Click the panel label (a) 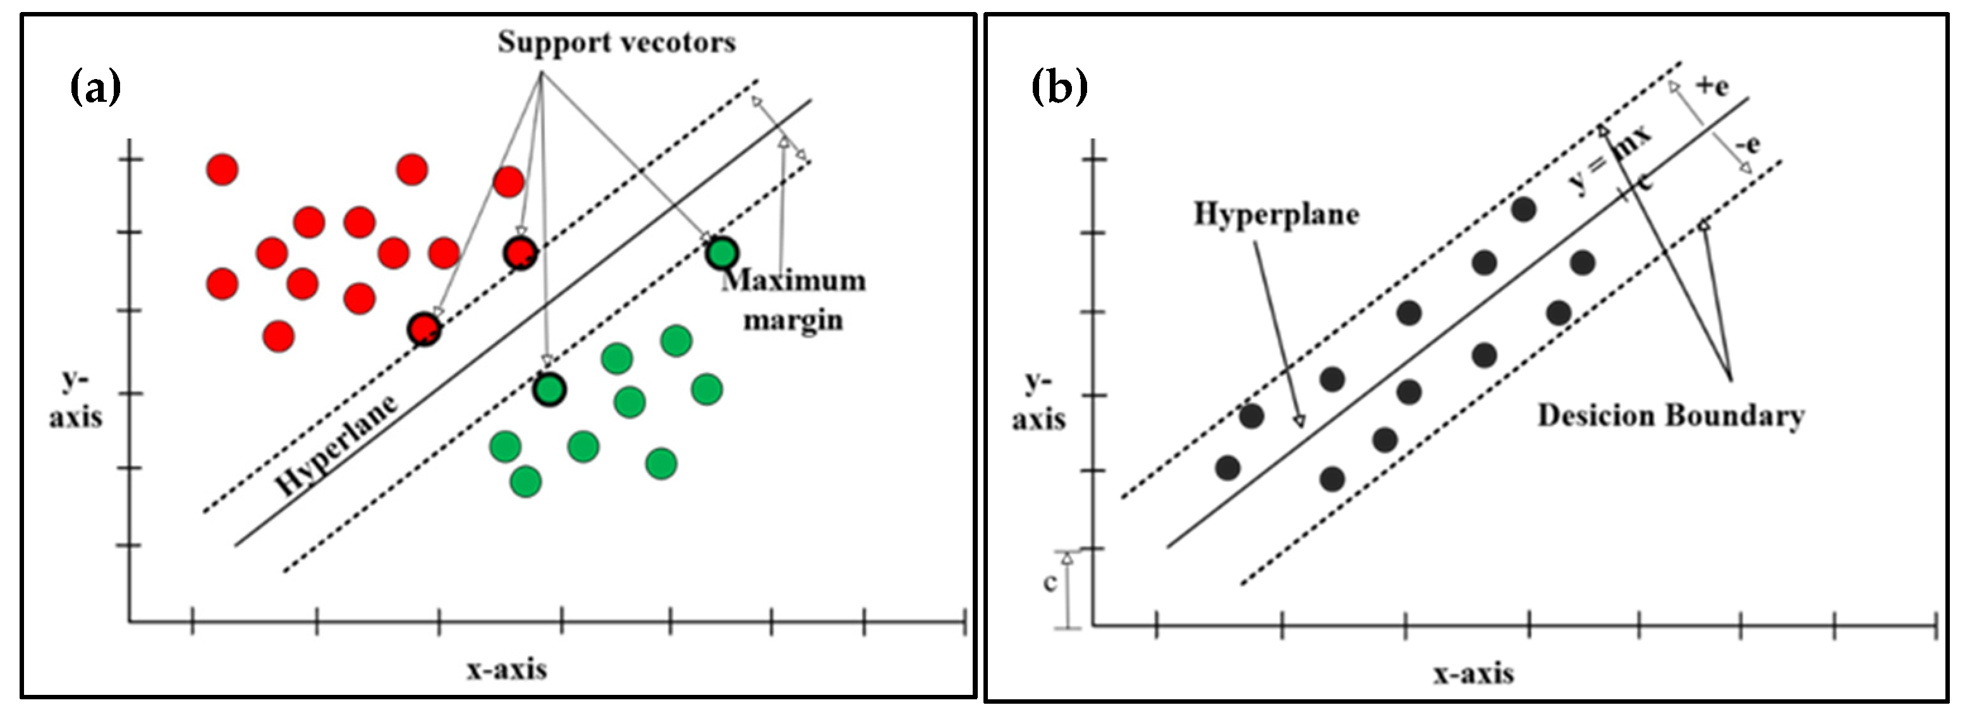[95, 88]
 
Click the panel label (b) [1059, 88]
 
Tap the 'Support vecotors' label [616, 42]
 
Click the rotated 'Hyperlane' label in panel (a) [336, 446]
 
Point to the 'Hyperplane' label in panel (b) [1276, 214]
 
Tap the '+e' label [1712, 86]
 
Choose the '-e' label [1748, 144]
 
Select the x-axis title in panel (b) [1472, 673]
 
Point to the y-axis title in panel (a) [75, 400]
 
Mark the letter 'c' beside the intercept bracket [1050, 583]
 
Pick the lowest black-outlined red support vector [424, 329]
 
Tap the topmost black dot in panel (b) [1523, 209]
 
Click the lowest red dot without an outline [279, 336]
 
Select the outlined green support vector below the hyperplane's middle [549, 389]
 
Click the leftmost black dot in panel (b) [1228, 468]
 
